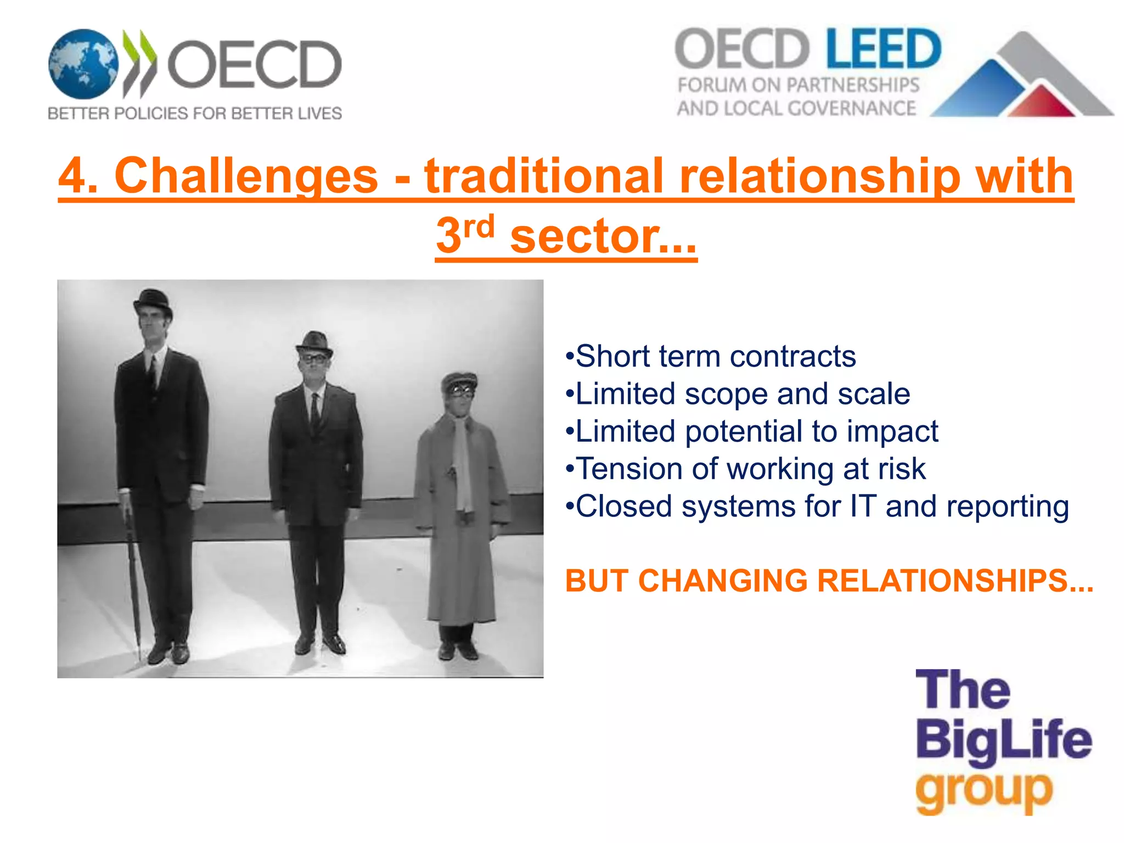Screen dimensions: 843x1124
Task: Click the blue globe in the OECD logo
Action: click(83, 64)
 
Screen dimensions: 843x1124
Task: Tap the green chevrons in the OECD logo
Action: click(140, 63)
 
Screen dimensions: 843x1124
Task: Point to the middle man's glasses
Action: click(313, 358)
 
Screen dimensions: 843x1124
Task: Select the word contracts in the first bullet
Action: click(793, 357)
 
